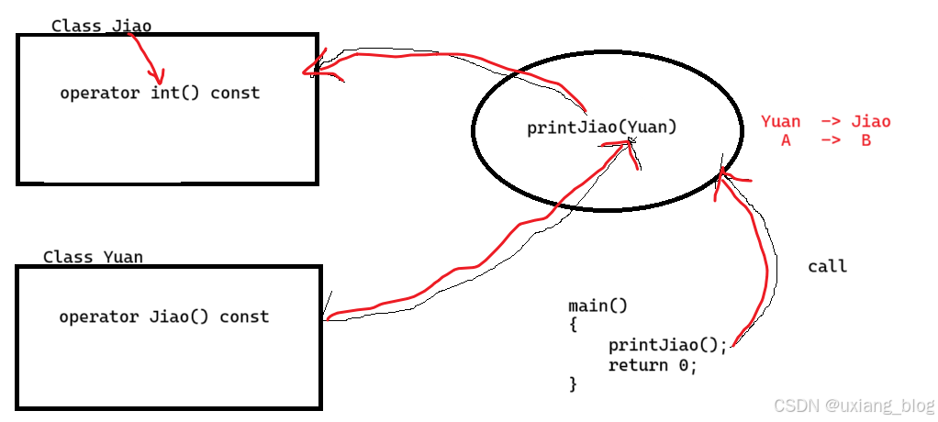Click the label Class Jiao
(x=101, y=26)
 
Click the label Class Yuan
(x=93, y=257)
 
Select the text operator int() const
(x=160, y=93)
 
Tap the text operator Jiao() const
(x=163, y=316)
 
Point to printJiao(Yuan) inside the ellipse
(x=601, y=128)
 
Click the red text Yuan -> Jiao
(x=825, y=121)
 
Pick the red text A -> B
(x=825, y=140)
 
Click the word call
(x=827, y=267)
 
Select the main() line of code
(x=597, y=305)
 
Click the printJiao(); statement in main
(x=667, y=345)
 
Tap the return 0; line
(x=653, y=365)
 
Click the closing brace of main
(x=573, y=383)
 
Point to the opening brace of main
(x=573, y=325)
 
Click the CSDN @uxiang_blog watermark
(x=853, y=405)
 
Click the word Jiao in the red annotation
(x=870, y=121)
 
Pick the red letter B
(x=865, y=140)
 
